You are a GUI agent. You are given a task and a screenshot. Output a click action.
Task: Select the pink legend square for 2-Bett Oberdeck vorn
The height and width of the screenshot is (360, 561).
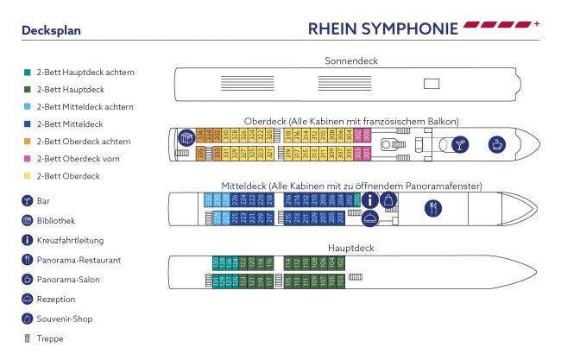(x=28, y=159)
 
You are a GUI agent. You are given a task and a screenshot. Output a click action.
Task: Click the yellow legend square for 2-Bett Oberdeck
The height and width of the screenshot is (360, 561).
(x=28, y=176)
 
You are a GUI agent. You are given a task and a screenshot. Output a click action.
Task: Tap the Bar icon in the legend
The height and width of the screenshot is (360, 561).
(x=28, y=200)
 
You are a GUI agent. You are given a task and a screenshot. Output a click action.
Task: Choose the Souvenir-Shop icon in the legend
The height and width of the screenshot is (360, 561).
(x=28, y=319)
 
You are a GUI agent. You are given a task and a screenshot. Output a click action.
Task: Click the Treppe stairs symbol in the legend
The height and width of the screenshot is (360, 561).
(x=28, y=338)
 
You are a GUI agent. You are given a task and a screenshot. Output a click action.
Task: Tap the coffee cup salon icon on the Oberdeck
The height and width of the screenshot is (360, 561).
(x=497, y=143)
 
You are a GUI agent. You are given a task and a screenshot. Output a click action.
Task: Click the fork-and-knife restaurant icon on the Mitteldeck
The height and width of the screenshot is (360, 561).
(x=432, y=207)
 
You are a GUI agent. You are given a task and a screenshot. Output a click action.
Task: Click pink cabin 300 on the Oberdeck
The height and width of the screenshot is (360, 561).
(x=366, y=136)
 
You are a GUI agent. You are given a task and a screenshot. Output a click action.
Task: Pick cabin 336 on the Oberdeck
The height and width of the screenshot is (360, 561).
(x=200, y=136)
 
